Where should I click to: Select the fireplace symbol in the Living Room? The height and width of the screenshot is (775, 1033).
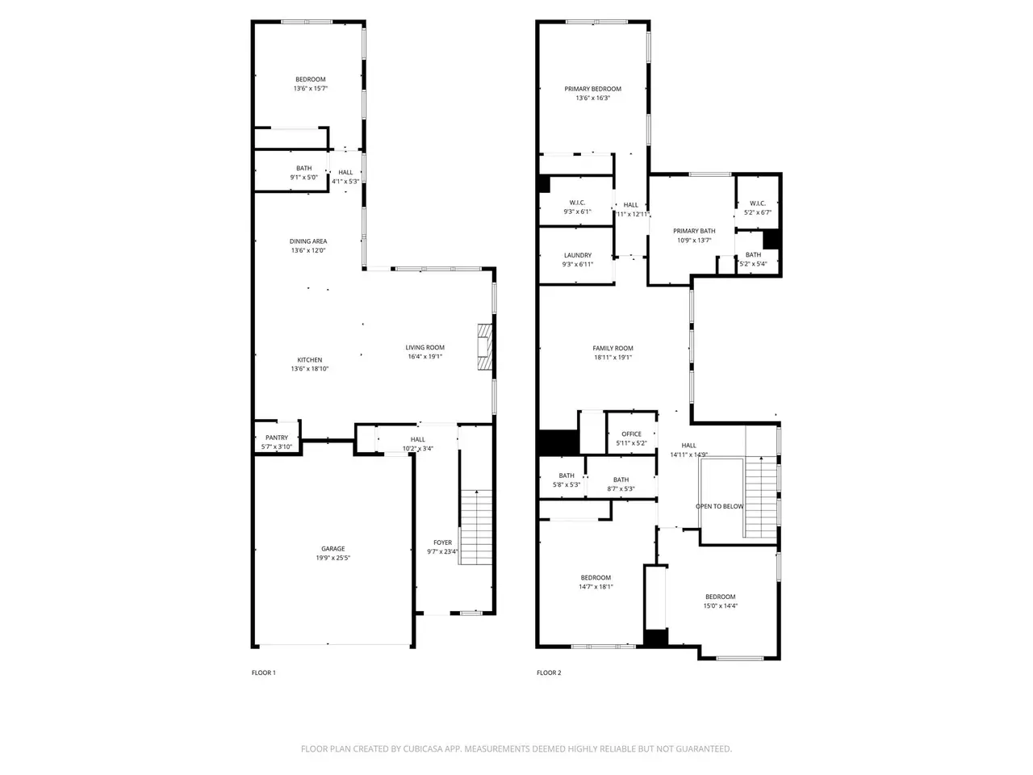(x=485, y=347)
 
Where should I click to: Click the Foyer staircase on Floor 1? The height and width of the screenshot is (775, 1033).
(x=476, y=527)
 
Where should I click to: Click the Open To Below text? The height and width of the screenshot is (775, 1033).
(x=719, y=506)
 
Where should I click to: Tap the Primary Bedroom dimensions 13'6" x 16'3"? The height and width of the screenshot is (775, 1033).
(x=592, y=98)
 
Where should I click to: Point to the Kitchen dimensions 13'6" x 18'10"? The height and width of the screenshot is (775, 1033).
(x=309, y=368)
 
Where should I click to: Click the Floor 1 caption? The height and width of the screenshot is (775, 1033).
(x=264, y=672)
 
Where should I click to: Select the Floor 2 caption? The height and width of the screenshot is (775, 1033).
(x=549, y=672)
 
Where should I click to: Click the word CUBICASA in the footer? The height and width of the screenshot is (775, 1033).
(x=420, y=748)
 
